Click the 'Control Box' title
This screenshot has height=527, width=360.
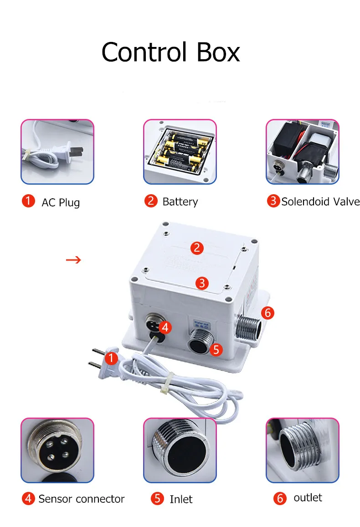click(170, 52)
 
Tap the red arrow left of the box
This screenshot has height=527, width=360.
click(73, 260)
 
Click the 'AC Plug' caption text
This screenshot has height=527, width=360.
click(61, 202)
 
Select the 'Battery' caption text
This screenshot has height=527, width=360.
click(180, 201)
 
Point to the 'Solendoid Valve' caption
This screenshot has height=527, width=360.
click(320, 201)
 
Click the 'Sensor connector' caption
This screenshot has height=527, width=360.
click(81, 499)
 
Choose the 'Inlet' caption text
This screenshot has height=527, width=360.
click(181, 499)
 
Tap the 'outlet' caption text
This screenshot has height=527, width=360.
click(308, 497)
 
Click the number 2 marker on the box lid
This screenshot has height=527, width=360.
click(197, 248)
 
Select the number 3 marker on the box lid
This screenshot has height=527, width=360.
click(202, 283)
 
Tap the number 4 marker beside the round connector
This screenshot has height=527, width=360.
click(165, 327)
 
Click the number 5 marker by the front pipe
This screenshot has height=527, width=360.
click(216, 350)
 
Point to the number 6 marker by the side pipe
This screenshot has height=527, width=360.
click(267, 313)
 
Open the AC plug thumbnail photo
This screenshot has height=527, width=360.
click(57, 152)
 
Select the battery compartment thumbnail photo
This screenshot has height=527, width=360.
click(180, 152)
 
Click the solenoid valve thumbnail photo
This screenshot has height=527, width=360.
click(303, 152)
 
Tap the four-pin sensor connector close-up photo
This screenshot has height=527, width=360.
click(57, 450)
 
